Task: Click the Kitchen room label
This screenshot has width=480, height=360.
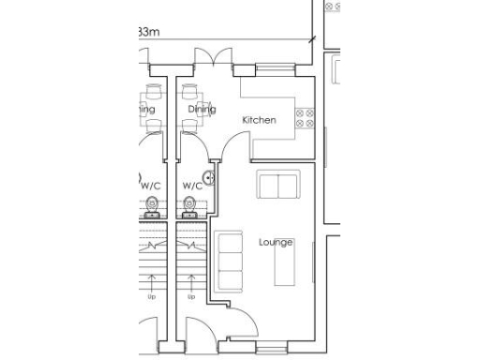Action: click(260, 120)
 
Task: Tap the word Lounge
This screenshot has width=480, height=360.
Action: click(276, 242)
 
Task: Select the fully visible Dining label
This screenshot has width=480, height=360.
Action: click(201, 110)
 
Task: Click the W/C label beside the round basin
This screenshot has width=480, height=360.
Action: click(191, 186)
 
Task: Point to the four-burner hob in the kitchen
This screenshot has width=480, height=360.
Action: click(304, 118)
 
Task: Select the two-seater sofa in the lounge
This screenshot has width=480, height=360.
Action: click(278, 186)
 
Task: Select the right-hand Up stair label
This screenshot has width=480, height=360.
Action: click(190, 297)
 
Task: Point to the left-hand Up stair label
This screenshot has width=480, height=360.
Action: click(151, 297)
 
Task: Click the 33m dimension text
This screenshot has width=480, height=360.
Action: click(148, 33)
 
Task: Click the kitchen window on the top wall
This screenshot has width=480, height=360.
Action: click(272, 68)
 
